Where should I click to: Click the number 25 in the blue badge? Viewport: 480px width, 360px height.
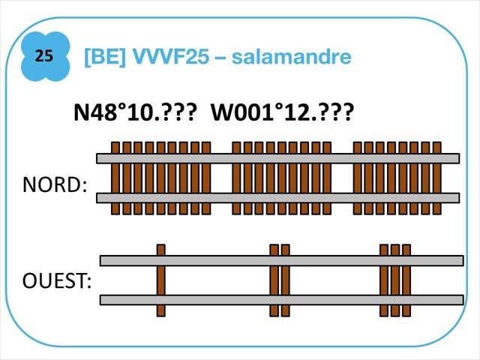[44, 56]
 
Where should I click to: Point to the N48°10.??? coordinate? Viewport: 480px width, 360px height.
[135, 114]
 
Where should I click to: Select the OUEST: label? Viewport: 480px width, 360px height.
[57, 283]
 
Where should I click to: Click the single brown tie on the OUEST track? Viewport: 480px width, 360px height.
[160, 280]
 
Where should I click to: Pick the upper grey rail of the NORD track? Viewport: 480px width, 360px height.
[277, 158]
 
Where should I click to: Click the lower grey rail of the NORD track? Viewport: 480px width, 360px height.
[277, 197]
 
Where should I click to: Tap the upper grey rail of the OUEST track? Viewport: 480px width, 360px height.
[281, 260]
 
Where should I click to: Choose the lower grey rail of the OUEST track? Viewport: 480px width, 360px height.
[281, 299]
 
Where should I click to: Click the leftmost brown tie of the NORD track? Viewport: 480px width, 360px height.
[115, 178]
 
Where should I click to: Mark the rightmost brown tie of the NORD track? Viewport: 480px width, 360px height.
[436, 178]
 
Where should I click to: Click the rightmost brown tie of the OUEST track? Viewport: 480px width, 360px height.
[406, 280]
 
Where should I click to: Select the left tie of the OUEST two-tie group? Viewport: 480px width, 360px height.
[274, 280]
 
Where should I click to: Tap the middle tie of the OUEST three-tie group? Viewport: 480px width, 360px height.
[395, 280]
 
